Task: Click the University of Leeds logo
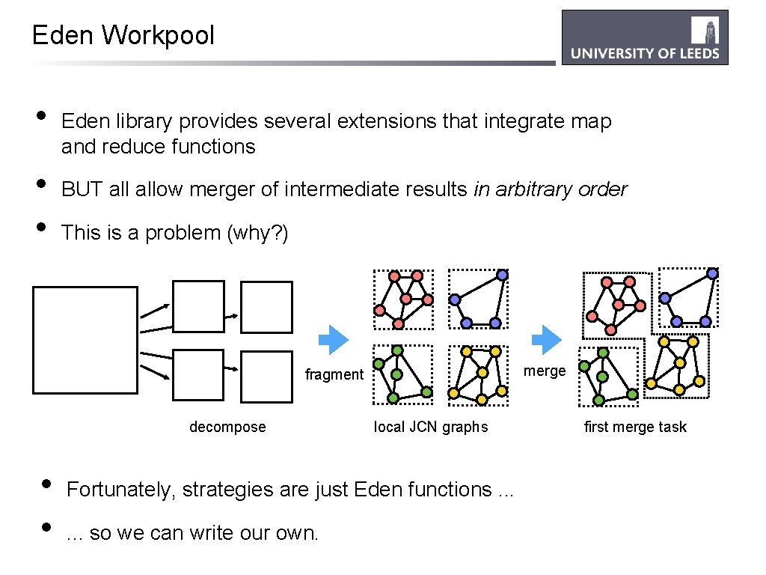[645, 37]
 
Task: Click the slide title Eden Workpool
[123, 35]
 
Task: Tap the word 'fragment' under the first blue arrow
[334, 374]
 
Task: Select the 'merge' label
[544, 371]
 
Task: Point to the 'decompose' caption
[227, 427]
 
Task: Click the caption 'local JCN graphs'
[431, 427]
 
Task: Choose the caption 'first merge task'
[635, 427]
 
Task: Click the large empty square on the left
[85, 340]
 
